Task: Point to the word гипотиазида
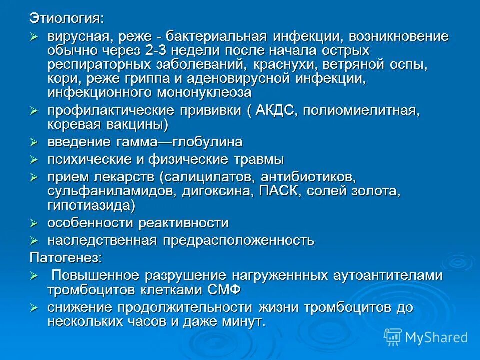coord(89,205)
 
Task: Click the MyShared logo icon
coord(393,337)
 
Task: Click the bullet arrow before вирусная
coord(34,36)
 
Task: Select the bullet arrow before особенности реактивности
coord(34,223)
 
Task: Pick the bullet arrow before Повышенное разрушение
coord(34,276)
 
